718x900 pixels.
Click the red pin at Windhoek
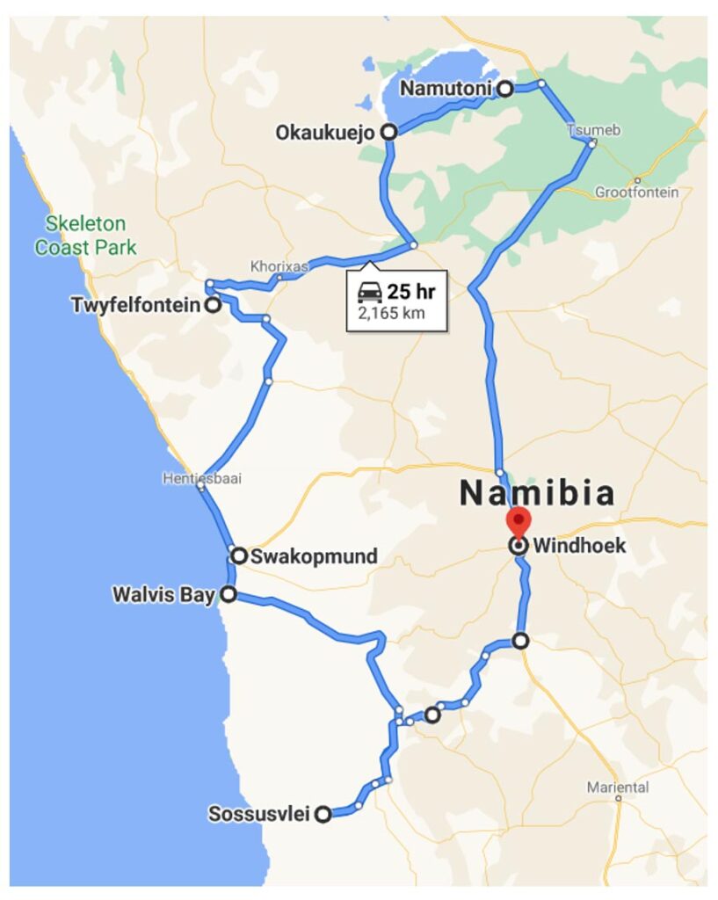[x=519, y=520]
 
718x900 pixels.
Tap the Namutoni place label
[x=446, y=88]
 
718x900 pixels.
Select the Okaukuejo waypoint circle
[x=388, y=133]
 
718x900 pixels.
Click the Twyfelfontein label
[x=135, y=305]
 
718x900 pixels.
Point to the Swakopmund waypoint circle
[x=238, y=555]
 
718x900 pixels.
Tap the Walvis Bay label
[x=163, y=595]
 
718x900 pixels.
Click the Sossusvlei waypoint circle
[x=323, y=815]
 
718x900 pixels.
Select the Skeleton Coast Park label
[x=86, y=236]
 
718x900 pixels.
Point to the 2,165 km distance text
[x=390, y=313]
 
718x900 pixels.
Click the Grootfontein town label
[x=636, y=192]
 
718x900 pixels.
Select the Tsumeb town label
[x=593, y=130]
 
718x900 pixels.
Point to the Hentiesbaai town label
[x=201, y=479]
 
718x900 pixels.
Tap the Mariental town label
[x=618, y=787]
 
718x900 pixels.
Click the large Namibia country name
[x=537, y=493]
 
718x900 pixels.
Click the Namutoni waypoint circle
[x=504, y=88]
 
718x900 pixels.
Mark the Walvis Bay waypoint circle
[x=228, y=595]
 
